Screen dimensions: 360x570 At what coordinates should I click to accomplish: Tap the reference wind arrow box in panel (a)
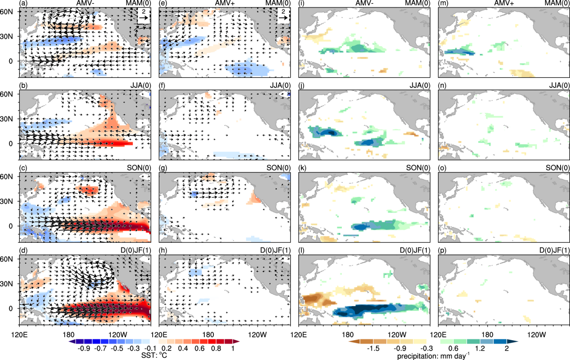(x=143, y=17)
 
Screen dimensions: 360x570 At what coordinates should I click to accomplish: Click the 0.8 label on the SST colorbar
(x=219, y=347)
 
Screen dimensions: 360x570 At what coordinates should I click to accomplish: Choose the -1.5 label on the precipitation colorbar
(x=371, y=347)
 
